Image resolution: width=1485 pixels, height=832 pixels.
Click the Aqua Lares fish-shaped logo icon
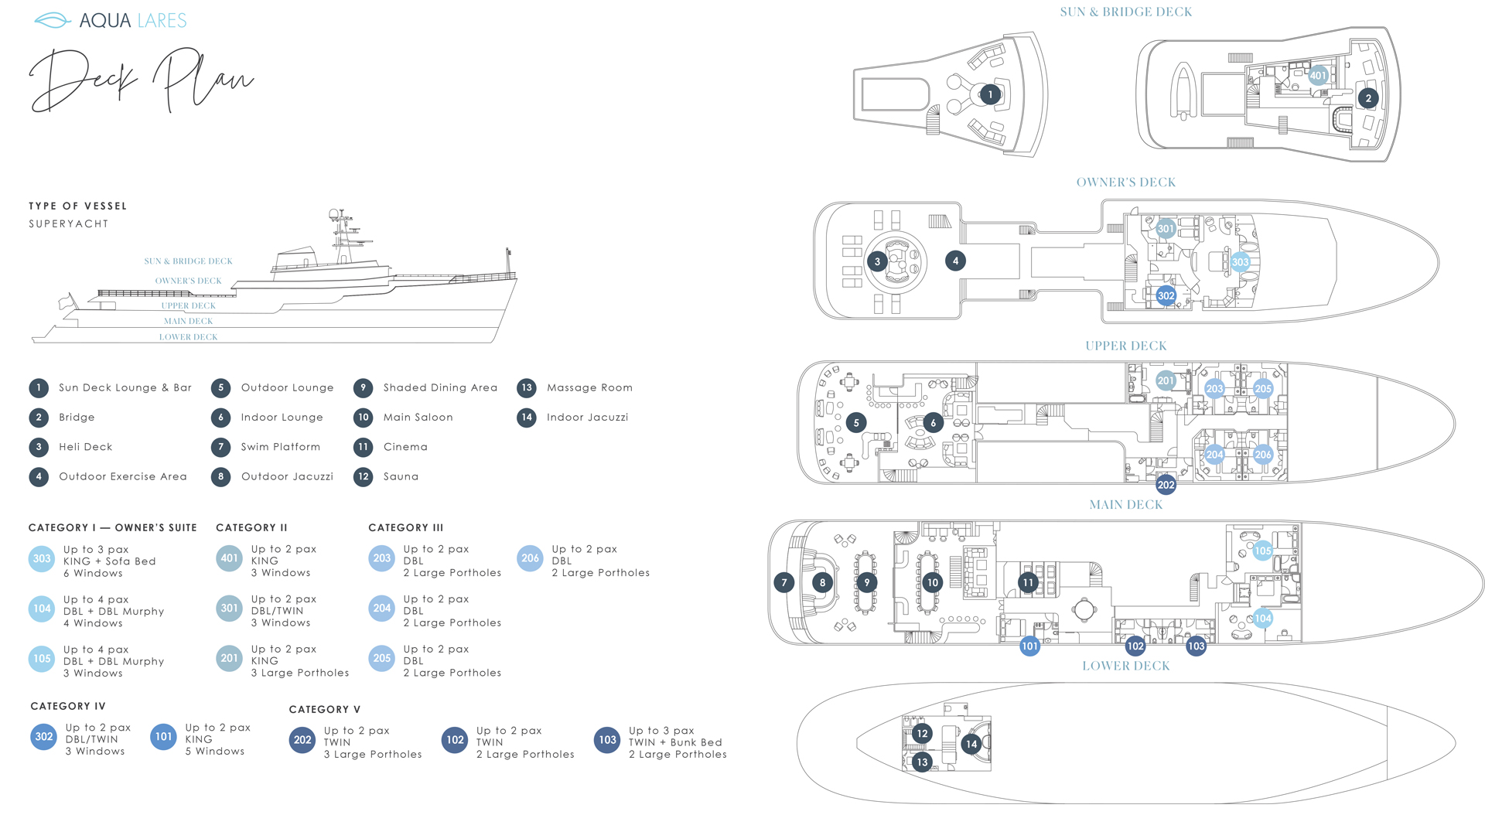pos(53,21)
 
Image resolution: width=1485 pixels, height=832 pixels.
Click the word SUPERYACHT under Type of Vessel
pos(69,224)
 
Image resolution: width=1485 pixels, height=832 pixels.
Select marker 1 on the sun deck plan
pos(990,94)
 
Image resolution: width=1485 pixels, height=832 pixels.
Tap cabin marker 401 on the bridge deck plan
pos(1318,76)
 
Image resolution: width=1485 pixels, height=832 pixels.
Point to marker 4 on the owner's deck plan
pos(955,261)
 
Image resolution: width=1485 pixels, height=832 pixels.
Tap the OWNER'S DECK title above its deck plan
pos(1125,182)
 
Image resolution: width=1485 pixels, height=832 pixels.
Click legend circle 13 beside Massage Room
pos(527,388)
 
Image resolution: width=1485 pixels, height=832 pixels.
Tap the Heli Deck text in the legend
pos(85,447)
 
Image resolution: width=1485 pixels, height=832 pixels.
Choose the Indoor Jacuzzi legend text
pos(587,418)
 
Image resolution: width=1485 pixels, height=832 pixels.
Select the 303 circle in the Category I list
pos(42,558)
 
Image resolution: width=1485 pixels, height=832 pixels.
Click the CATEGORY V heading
pos(324,710)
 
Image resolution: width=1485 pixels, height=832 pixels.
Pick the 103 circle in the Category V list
pos(607,740)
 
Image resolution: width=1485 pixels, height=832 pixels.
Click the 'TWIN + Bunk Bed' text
pos(674,742)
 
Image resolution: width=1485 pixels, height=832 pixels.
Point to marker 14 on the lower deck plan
pos(971,744)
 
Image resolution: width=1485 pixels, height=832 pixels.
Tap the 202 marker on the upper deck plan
pos(1166,485)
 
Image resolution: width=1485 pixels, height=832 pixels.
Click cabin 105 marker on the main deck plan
pos(1262,551)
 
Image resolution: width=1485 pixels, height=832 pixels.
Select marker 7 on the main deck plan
pos(783,582)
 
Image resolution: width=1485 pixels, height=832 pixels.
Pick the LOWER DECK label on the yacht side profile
pos(188,337)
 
